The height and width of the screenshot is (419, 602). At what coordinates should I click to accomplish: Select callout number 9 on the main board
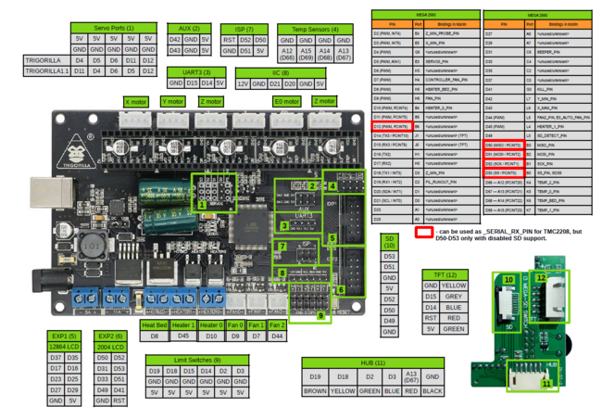[x=321, y=316]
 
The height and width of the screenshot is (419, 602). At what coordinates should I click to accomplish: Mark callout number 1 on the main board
[x=202, y=203]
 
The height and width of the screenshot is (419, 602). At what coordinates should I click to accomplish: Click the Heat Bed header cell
[x=154, y=325]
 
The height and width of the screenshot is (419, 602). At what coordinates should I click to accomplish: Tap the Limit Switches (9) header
[x=197, y=358]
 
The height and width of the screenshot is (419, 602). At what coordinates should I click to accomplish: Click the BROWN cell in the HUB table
[x=314, y=391]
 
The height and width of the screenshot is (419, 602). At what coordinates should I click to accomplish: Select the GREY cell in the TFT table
[x=454, y=297]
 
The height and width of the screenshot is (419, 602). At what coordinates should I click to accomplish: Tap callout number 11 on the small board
[x=546, y=382]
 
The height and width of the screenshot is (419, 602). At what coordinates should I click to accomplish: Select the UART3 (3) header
[x=197, y=71]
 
